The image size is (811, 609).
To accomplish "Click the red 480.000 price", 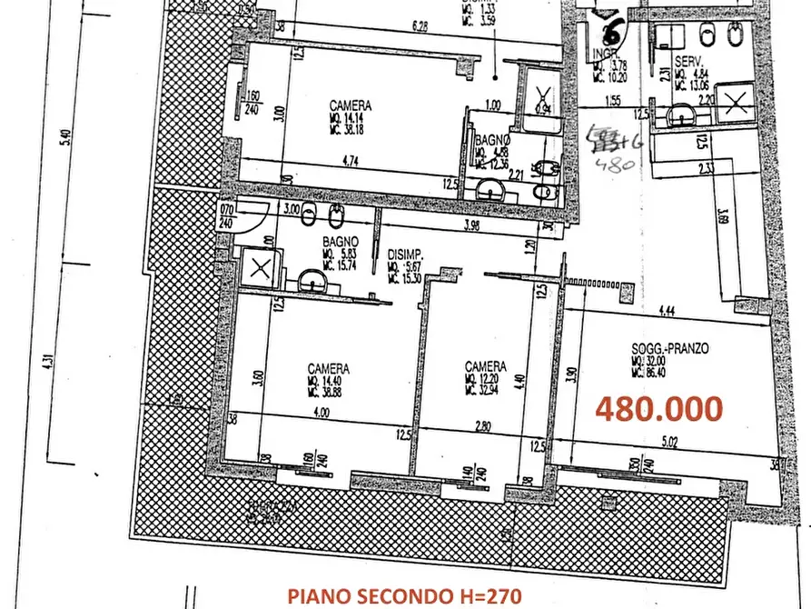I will tap(659, 408).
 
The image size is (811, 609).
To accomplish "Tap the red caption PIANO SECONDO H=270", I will tap(405, 595).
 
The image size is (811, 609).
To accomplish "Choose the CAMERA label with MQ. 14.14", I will tap(350, 105).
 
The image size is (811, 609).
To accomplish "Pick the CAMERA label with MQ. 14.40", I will tap(328, 368).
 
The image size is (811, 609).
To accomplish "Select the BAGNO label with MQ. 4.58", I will tap(492, 141).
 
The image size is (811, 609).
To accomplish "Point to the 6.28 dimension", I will tap(419, 26).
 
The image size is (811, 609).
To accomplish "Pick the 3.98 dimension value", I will tap(471, 225).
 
